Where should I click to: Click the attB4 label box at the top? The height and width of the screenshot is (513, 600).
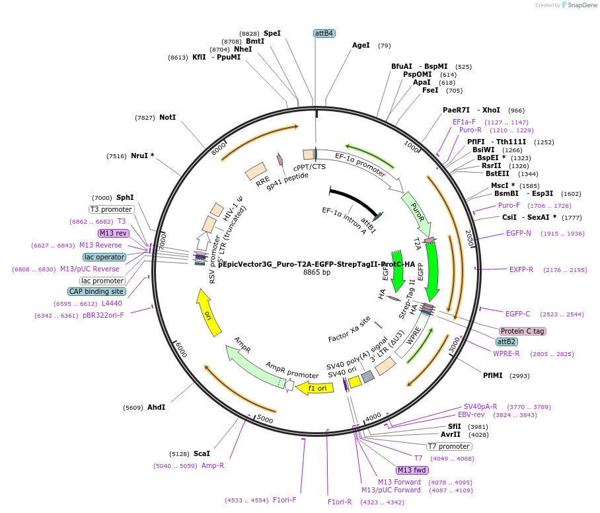pyautogui.click(x=324, y=33)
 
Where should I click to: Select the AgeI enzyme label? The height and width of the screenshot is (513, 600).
pyautogui.click(x=361, y=46)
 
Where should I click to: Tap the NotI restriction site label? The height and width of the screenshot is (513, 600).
pyautogui.click(x=167, y=117)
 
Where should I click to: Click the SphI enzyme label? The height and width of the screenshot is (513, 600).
pyautogui.click(x=125, y=197)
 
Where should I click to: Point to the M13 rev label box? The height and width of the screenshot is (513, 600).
pyautogui.click(x=113, y=233)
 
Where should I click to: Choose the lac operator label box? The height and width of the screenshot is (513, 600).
pyautogui.click(x=104, y=257)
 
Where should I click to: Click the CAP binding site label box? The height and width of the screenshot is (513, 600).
pyautogui.click(x=96, y=291)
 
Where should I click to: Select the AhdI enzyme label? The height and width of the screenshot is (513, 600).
pyautogui.click(x=156, y=407)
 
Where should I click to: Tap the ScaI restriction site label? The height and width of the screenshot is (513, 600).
pyautogui.click(x=202, y=453)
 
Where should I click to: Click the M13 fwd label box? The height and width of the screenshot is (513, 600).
pyautogui.click(x=412, y=470)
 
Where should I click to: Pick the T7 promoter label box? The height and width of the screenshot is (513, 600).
pyautogui.click(x=449, y=446)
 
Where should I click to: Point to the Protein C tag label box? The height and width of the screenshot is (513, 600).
pyautogui.click(x=523, y=331)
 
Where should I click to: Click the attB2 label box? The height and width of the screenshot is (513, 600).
pyautogui.click(x=507, y=342)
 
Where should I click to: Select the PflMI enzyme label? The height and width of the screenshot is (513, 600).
pyautogui.click(x=493, y=375)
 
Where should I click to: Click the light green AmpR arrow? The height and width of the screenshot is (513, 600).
pyautogui.click(x=254, y=363)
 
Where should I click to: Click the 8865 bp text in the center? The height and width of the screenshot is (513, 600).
pyautogui.click(x=317, y=272)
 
